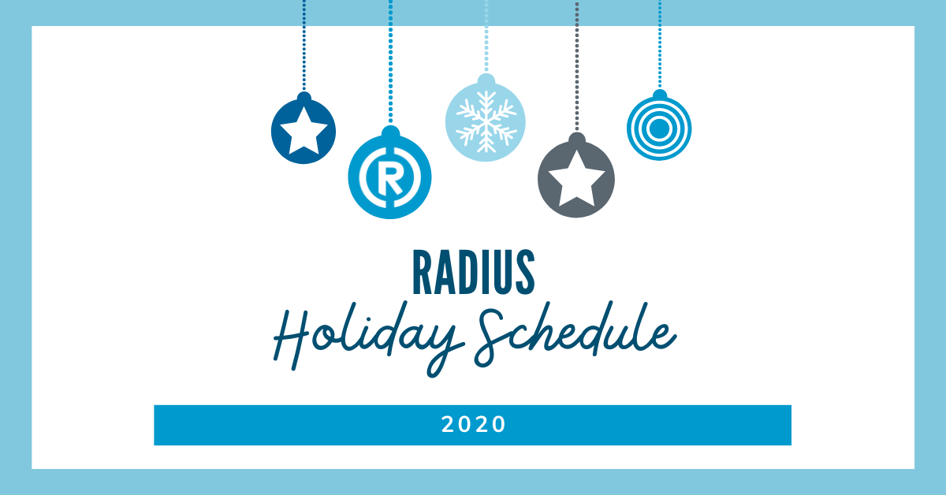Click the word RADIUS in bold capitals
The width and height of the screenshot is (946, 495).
pos(474,272)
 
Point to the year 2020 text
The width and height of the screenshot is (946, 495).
pos(473,424)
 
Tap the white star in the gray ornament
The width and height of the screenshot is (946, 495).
pos(576,180)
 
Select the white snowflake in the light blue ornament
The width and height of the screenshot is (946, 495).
pos(486,121)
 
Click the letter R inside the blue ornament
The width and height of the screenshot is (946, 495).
pos(390,181)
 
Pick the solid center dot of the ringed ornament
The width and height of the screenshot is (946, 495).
pos(659,128)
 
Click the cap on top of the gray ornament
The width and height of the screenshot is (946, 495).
pos(577,139)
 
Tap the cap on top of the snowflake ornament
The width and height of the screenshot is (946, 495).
pos(486,80)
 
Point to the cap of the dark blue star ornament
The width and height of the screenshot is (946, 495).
pos(304,97)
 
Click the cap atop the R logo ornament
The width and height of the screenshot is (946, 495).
pos(391,132)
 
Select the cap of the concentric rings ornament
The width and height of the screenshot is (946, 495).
pos(660,94)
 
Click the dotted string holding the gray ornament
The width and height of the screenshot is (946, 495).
pos(577,66)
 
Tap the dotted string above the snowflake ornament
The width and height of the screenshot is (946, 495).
pos(486,36)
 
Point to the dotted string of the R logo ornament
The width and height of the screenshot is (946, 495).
pos(391,61)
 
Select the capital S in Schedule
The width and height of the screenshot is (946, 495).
pos(490,338)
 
